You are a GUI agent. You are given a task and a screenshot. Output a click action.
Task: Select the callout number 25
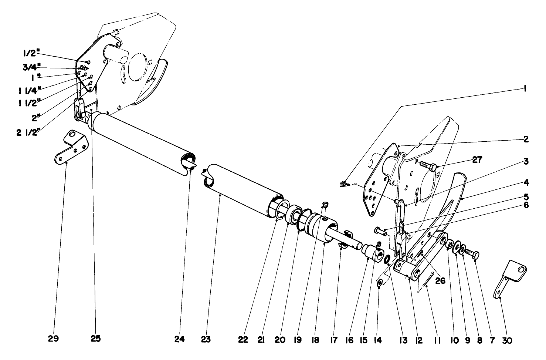95,339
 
